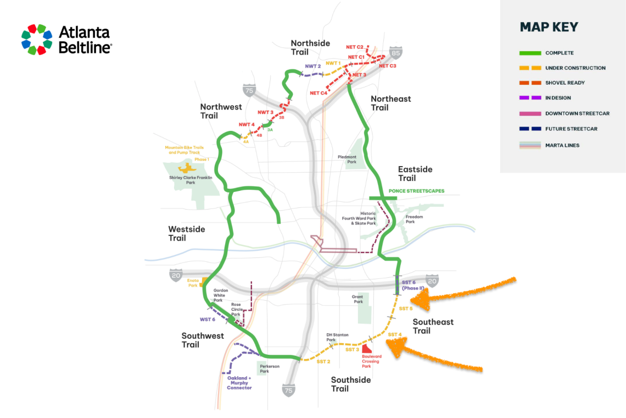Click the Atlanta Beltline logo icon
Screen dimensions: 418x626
click(37, 40)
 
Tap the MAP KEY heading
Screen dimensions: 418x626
click(549, 28)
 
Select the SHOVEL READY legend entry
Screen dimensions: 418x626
click(564, 83)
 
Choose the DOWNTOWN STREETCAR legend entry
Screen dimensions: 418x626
click(577, 114)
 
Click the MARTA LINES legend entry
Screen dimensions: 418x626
click(562, 145)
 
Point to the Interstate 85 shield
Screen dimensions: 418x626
click(395, 53)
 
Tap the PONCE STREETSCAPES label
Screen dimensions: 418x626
click(416, 191)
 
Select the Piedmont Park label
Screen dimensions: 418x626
click(347, 159)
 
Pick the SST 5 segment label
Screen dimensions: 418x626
click(405, 309)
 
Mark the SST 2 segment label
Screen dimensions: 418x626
click(323, 361)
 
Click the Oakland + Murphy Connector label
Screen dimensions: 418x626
click(239, 383)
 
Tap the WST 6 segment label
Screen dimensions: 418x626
click(208, 319)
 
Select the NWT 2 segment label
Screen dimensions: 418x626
click(312, 66)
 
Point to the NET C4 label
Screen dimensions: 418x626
click(318, 92)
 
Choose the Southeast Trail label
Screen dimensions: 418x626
click(433, 326)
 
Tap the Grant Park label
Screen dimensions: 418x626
click(358, 299)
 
